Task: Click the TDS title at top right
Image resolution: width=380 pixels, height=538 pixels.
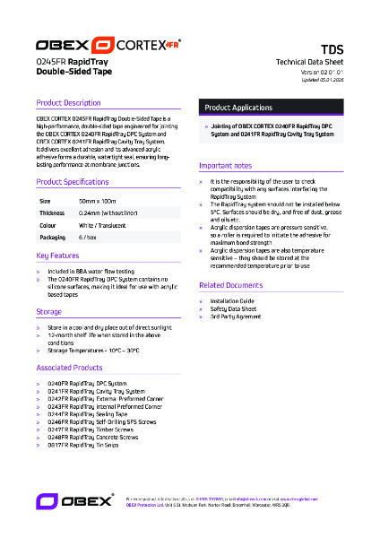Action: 332,50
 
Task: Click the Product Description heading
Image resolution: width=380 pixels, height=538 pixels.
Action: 68,103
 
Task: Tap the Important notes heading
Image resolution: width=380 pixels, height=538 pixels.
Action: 226,166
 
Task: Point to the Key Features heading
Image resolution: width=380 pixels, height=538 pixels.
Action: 58,256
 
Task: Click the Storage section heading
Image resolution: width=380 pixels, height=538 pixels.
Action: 49,311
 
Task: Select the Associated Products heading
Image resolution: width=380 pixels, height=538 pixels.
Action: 70,368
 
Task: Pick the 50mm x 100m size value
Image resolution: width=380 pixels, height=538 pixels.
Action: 97,201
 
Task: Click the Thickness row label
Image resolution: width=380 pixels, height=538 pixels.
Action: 52,213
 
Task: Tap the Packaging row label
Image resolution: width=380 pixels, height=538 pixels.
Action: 53,239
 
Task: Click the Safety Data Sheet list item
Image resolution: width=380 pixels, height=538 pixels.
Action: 233,309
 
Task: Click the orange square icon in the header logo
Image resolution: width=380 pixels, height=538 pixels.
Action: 104,44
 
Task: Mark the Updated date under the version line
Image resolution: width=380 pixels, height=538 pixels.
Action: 324,80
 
